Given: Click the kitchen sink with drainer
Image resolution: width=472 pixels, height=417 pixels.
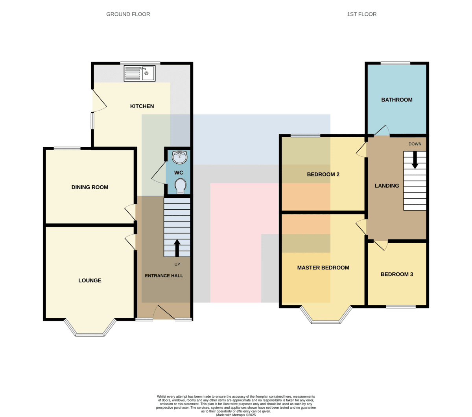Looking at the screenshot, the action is (140, 73).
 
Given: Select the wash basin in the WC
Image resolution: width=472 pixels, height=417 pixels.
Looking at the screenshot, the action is (179, 157).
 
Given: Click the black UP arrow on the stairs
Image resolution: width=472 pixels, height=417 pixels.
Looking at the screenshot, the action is (177, 248).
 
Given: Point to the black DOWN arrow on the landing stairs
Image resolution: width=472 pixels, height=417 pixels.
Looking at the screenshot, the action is (415, 160).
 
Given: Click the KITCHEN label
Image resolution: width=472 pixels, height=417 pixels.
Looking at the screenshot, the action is (142, 106).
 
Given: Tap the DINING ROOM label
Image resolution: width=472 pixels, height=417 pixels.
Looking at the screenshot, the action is (90, 187).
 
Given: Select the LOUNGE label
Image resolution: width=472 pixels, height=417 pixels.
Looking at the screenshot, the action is (90, 280).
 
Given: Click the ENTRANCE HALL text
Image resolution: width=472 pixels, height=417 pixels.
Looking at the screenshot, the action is (164, 276).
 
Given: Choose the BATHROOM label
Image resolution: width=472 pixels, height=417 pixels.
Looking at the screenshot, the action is (397, 100).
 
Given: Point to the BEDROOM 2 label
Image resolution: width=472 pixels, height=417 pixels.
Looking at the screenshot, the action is (323, 174).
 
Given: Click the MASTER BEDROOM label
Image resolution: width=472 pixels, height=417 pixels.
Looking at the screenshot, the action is (323, 268).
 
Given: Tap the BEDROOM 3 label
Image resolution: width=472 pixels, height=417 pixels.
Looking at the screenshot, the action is (397, 274).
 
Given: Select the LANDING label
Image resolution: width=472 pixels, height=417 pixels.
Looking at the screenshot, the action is (387, 186).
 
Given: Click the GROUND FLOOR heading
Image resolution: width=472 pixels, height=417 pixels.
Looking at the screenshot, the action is (128, 14).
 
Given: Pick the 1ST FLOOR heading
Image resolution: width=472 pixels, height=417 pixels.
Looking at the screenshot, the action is (361, 14).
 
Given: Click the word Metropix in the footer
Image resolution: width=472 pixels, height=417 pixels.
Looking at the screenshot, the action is (239, 415).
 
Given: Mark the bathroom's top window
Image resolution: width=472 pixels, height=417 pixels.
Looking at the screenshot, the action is (395, 63).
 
